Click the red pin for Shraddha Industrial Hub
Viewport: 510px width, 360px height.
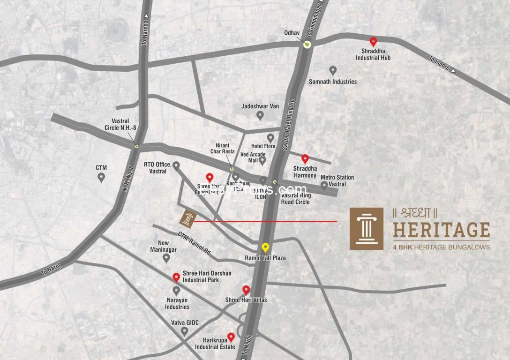[373, 42]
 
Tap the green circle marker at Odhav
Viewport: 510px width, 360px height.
[307, 45]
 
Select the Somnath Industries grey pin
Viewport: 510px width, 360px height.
[333, 70]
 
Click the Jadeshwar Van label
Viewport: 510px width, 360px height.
[260, 106]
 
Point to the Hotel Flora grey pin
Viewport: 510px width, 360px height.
[270, 138]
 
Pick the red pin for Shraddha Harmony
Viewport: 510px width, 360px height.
[305, 159]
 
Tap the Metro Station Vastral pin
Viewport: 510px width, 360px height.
[324, 186]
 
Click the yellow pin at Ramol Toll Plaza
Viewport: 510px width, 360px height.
[265, 247]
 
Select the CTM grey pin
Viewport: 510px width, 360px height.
[101, 177]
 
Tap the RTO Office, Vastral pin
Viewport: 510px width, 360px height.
[176, 165]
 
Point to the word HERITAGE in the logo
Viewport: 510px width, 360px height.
[441, 230]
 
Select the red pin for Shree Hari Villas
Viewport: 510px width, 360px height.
[246, 290]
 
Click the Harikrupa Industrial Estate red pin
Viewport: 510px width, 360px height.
[231, 337]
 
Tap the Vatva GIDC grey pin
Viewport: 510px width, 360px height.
[185, 331]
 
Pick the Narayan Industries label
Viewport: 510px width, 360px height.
[177, 303]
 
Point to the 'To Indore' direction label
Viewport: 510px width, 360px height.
[440, 63]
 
